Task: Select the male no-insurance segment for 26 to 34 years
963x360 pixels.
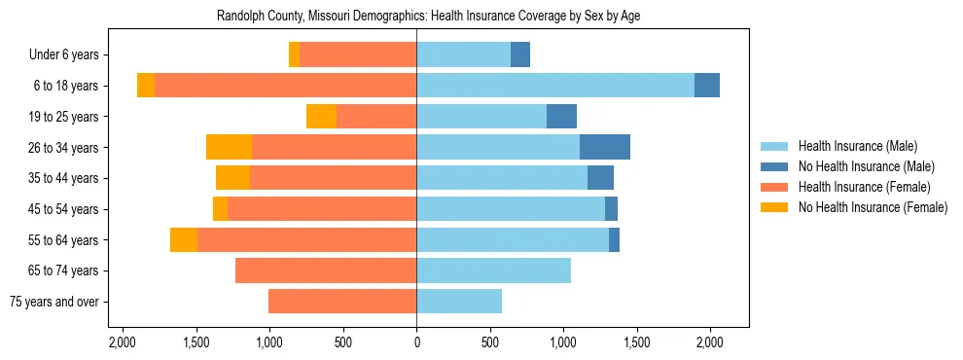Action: tap(604, 147)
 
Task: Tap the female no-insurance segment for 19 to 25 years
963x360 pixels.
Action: tap(321, 117)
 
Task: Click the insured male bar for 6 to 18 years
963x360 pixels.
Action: tap(554, 86)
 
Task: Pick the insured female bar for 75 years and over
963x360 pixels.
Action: tap(342, 302)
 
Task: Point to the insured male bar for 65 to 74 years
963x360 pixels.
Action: tap(493, 270)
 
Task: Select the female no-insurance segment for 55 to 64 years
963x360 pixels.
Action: tap(184, 239)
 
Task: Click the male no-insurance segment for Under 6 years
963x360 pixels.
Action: tap(520, 54)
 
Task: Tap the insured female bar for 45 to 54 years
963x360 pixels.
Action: tap(322, 209)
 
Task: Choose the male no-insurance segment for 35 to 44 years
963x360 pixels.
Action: tap(600, 178)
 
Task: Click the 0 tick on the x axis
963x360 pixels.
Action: tap(416, 342)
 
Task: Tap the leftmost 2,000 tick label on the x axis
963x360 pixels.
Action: tap(123, 342)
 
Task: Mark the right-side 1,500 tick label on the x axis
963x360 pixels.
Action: tap(636, 342)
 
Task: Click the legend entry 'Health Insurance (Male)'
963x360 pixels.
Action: tap(857, 146)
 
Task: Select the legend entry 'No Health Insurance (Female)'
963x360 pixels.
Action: tap(873, 207)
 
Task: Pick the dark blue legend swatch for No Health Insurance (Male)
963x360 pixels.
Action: tap(775, 166)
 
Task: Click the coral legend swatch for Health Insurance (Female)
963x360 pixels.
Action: tap(775, 187)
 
